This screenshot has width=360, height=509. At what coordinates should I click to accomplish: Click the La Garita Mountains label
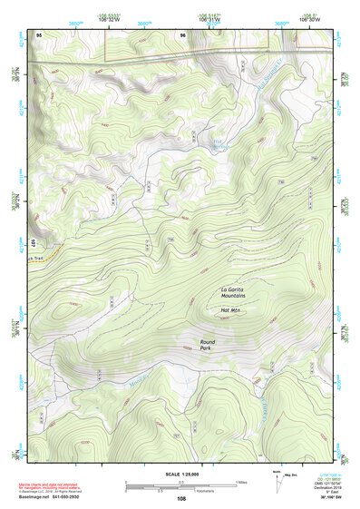pos(233,293)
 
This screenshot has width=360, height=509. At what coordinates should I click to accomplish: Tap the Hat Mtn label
pos(231,310)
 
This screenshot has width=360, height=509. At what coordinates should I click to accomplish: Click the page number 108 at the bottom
pos(181,498)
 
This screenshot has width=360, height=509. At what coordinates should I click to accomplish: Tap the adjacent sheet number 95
pos(39,35)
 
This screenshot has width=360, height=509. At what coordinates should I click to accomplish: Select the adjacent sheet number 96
pos(183,35)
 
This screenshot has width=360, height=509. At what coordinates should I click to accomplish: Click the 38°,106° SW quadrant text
pos(320,497)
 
